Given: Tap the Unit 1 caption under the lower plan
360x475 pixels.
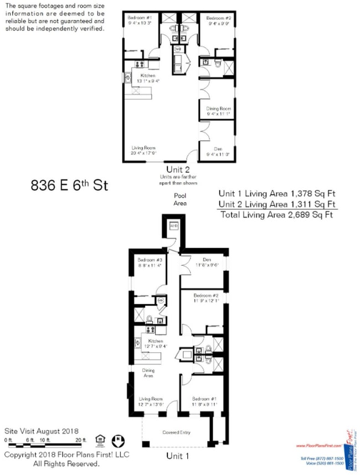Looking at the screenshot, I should click(178, 456).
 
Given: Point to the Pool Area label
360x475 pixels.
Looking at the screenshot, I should click(179, 199).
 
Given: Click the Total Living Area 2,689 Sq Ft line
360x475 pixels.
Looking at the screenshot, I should click(276, 214).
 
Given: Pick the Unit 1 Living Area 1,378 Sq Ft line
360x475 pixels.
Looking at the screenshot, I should click(277, 194).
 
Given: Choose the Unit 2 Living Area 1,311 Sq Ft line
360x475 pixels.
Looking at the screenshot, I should click(277, 204).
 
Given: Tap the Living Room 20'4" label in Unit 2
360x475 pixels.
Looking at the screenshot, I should click(143, 148).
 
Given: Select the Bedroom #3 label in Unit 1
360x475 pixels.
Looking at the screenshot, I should click(150, 260).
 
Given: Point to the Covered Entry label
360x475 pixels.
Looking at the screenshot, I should click(177, 432).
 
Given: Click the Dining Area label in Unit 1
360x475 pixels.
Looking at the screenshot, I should click(148, 373).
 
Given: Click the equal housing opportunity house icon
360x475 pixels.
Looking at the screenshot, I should click(100, 440).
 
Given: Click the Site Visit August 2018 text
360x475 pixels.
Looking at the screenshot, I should click(41, 431).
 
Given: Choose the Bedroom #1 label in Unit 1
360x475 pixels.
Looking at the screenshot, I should click(204, 399).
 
